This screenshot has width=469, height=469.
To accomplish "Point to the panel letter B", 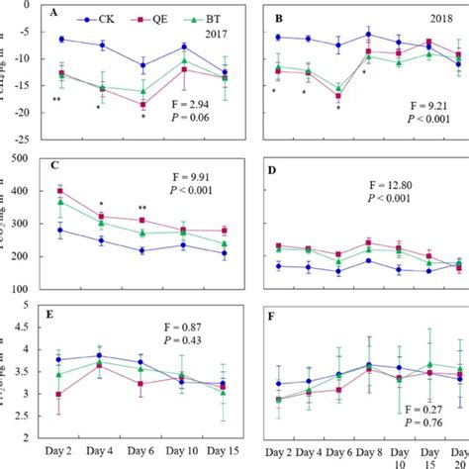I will (x=278, y=18).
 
